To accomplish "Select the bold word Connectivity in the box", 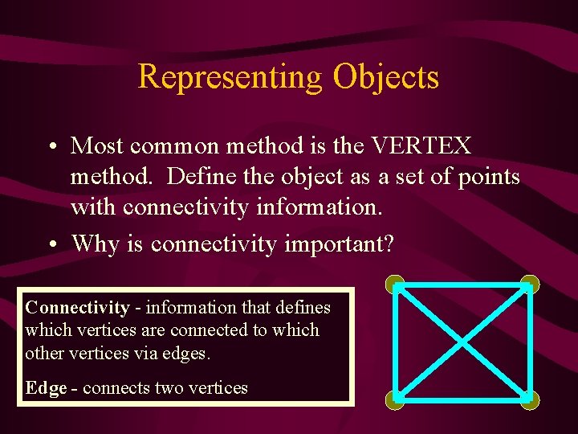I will pos(77,307).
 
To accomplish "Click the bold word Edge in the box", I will pos(46,387).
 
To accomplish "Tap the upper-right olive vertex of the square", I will pos(529,284).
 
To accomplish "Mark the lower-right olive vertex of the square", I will pos(529,399).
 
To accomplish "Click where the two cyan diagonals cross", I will pos(462,342).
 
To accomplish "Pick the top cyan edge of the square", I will pos(462,286).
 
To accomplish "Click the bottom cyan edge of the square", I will pos(462,396).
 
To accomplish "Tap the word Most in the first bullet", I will pos(98,145).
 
